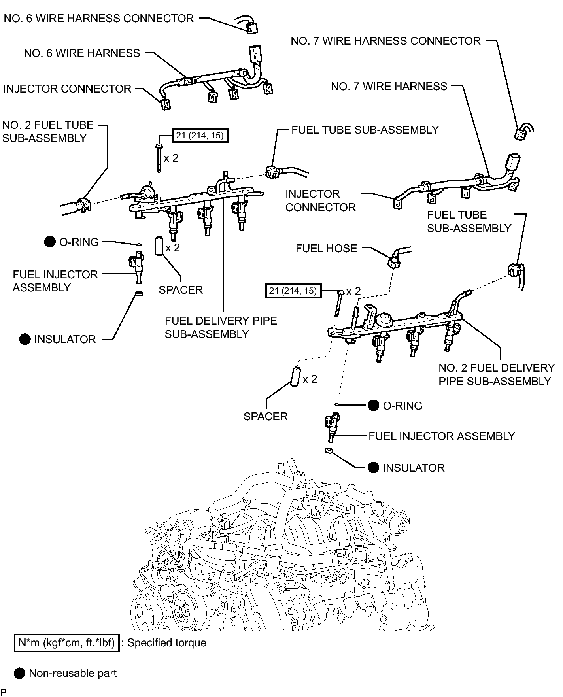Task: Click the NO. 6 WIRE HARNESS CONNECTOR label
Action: tap(99, 19)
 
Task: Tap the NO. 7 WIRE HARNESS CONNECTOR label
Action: tap(385, 41)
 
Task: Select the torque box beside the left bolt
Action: tap(200, 136)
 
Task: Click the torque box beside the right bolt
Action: tap(293, 291)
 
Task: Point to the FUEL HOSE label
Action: tap(326, 249)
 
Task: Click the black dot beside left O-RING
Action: tap(50, 242)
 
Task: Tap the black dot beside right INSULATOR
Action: tap(373, 467)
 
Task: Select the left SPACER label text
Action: tap(181, 290)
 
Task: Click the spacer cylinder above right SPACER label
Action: tap(296, 378)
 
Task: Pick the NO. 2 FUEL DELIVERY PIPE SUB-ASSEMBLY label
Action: tap(496, 374)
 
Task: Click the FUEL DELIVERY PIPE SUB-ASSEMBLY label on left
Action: tap(221, 327)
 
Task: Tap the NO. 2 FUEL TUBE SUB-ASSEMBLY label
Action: tap(48, 132)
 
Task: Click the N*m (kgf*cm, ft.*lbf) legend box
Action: tap(66, 643)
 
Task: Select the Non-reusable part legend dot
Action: tap(19, 673)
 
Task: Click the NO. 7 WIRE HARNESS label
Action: tap(389, 87)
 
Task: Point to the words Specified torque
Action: tap(166, 643)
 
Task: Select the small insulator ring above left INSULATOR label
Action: tap(138, 294)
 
